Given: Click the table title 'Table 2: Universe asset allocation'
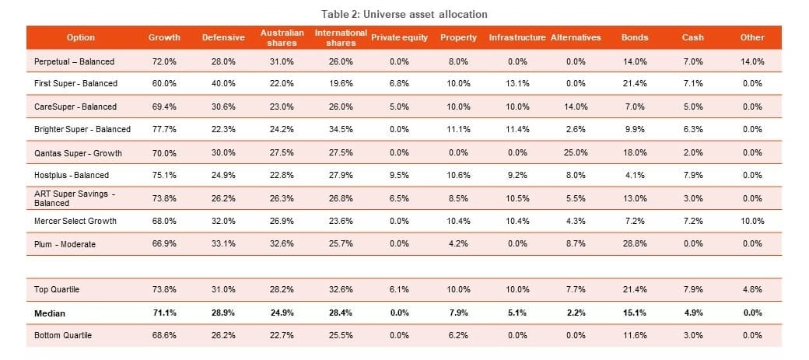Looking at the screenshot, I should tap(404, 14).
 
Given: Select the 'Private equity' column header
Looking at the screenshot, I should tap(399, 37).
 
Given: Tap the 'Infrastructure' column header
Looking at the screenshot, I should tap(517, 37).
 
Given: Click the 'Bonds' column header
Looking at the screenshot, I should tap(634, 37).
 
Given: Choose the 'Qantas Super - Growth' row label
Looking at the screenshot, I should tap(78, 152).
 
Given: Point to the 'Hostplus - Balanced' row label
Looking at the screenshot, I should tap(72, 175).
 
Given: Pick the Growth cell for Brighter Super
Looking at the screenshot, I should tap(164, 129).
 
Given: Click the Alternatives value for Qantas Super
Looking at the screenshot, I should tap(575, 152).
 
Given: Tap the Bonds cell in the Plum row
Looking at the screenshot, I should tap(634, 244).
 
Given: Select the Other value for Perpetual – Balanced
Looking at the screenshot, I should tap(752, 61).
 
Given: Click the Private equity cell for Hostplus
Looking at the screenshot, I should tap(399, 175).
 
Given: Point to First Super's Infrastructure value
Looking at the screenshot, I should tap(517, 83).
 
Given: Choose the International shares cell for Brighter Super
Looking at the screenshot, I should tap(340, 129).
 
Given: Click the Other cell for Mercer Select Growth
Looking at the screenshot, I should tap(752, 221).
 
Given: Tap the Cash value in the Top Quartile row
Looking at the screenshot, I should tap(693, 289).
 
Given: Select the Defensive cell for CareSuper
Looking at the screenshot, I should tap(222, 107).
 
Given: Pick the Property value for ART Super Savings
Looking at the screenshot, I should tap(457, 198).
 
